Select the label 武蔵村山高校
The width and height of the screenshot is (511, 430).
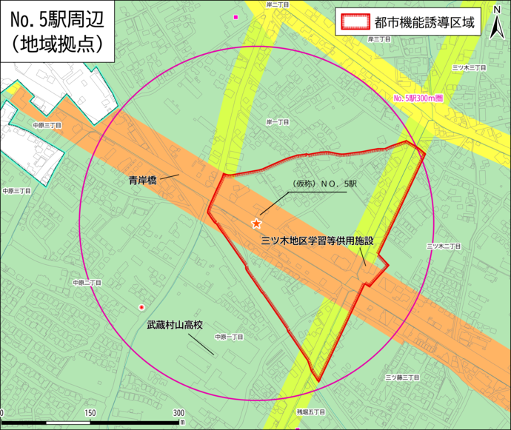[175, 323]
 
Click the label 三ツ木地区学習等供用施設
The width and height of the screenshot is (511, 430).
[318, 241]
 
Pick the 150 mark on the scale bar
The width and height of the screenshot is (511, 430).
[90, 412]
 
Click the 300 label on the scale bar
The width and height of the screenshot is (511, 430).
[178, 412]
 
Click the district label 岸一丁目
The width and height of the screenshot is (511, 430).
[277, 121]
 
